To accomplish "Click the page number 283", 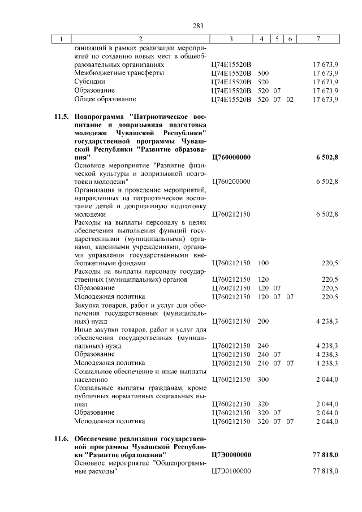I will coord(197,25).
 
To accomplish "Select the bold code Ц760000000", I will coord(231,157).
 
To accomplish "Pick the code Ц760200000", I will coord(231,182).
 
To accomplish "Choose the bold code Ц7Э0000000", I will coord(231,454).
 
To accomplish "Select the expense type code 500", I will coord(263,74).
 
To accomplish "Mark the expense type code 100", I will coord(263,264).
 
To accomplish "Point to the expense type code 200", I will coord(263,321).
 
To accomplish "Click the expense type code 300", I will coord(263,380).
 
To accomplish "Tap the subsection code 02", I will coord(290,100).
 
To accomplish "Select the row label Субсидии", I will coord(90,82).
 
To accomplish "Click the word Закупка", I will coord(89,305).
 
